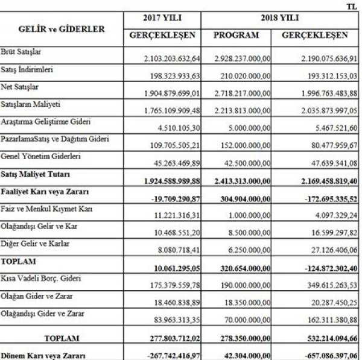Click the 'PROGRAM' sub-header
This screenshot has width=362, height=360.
click(237, 36)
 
